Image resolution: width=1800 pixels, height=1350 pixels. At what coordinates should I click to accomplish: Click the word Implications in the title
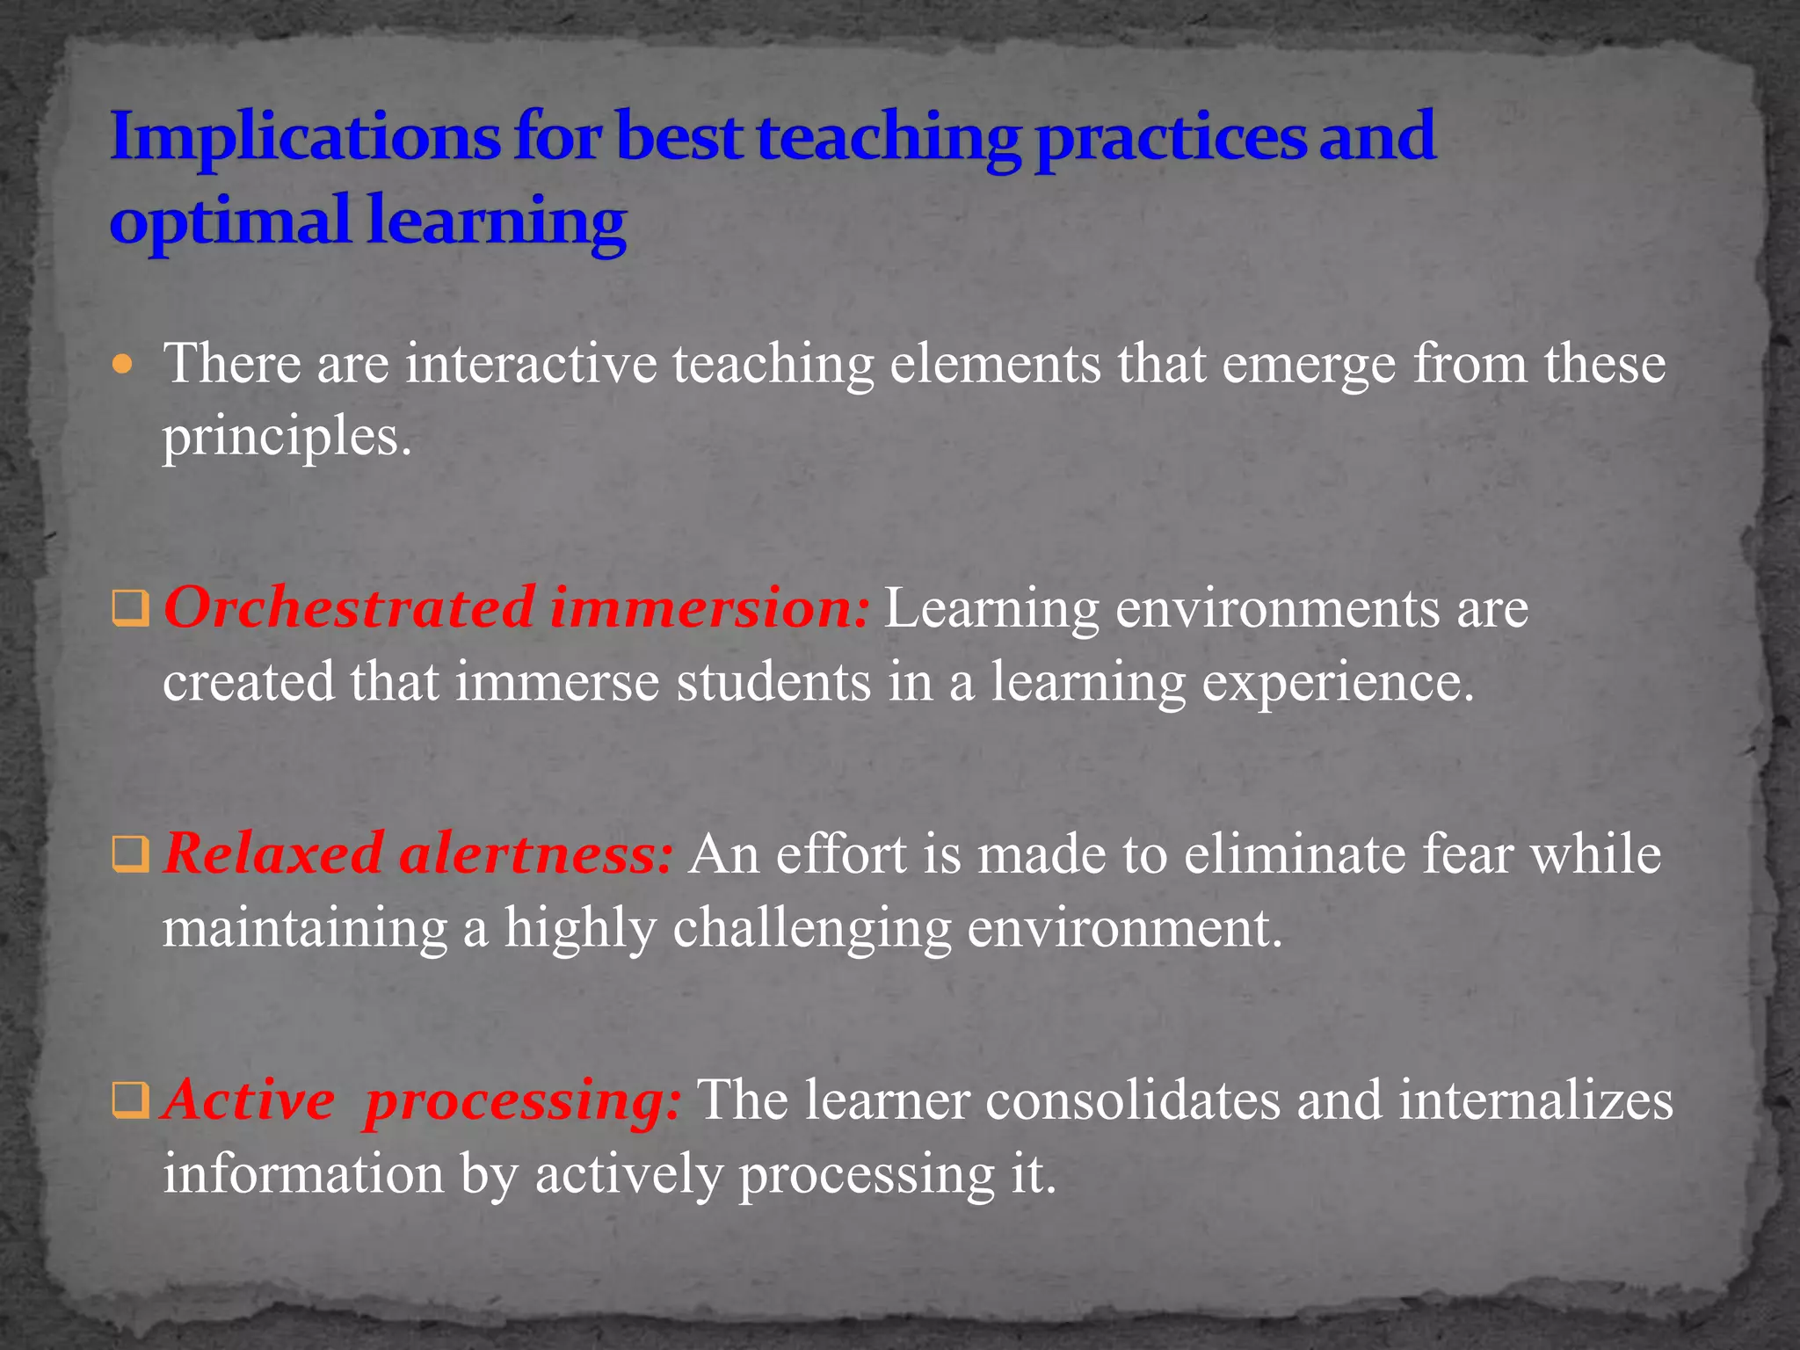click(304, 139)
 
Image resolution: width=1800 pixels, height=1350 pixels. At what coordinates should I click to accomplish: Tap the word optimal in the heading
click(229, 221)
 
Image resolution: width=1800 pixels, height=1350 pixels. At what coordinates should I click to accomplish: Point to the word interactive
click(531, 363)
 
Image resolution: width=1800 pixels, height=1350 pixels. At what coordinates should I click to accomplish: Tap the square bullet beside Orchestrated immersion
click(130, 609)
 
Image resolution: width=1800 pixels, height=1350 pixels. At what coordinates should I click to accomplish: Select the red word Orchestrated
click(349, 607)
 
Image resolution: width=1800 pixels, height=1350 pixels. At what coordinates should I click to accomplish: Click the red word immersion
click(710, 607)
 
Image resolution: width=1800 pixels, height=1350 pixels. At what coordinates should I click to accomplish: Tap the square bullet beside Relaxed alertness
click(130, 855)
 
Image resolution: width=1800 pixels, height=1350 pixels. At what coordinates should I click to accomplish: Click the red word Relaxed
click(273, 853)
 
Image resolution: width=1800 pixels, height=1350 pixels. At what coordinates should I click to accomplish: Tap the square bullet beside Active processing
click(130, 1100)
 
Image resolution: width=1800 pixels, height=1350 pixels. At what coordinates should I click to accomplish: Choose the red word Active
click(250, 1100)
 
